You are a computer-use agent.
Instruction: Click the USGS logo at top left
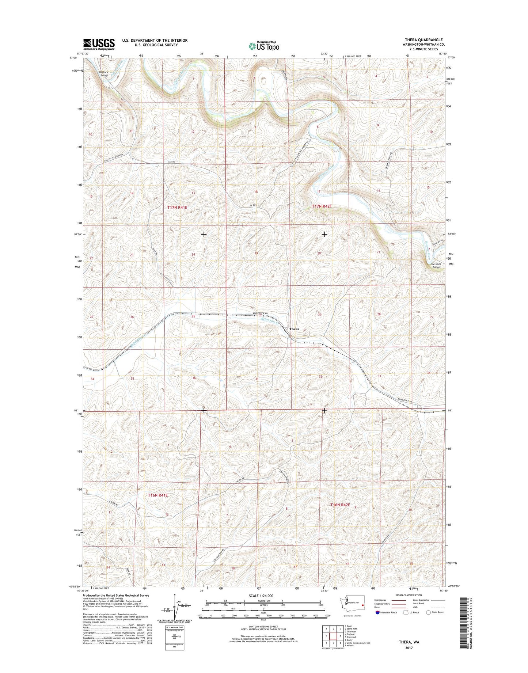[99, 44]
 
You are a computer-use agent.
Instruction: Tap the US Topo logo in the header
[264, 46]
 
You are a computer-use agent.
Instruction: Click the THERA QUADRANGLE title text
[426, 40]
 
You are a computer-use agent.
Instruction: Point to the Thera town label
[294, 329]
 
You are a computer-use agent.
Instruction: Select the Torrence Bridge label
[436, 266]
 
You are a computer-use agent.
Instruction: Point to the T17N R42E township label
[322, 206]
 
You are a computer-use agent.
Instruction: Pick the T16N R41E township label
[158, 495]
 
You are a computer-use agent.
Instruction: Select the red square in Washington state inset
[362, 615]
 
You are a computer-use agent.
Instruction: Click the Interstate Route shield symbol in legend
[377, 623]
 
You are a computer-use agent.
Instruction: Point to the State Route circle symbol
[429, 623]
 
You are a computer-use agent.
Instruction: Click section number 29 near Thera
[319, 315]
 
